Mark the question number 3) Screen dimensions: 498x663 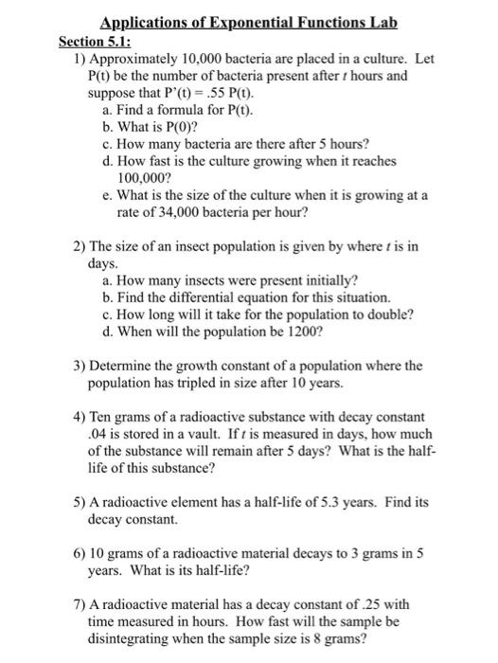(80, 367)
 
